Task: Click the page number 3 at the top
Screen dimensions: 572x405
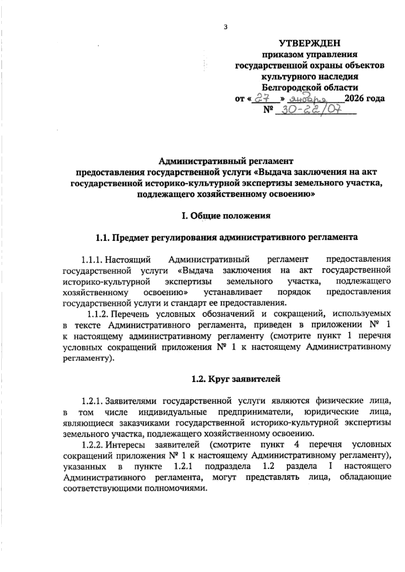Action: [225, 28]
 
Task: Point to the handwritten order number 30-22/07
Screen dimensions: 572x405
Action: [311, 110]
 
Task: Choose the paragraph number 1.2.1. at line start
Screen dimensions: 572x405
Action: [92, 401]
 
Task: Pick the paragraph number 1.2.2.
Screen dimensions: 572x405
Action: [92, 445]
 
